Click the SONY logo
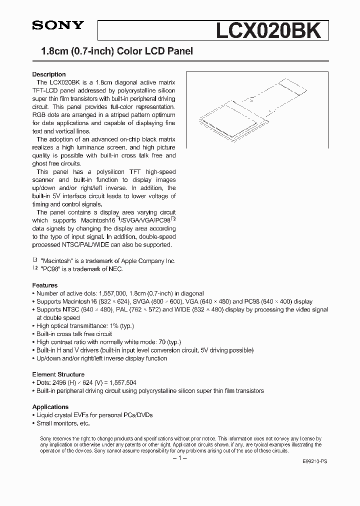[58, 26]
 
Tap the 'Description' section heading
[49, 74]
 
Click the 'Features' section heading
[44, 285]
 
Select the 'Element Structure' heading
[58, 374]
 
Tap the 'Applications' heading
[50, 407]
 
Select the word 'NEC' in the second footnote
[114, 269]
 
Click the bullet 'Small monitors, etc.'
[63, 423]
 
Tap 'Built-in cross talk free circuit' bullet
[74, 334]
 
